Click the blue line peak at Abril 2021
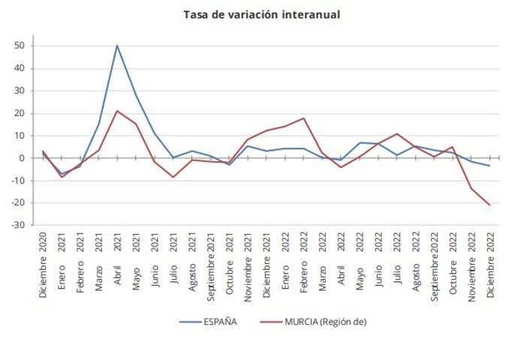click(117, 45)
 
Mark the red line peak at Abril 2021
click(117, 111)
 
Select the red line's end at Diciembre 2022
click(490, 205)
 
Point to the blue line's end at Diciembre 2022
click(490, 166)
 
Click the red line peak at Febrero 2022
click(303, 118)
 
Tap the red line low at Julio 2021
click(173, 177)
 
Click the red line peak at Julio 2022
click(396, 134)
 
